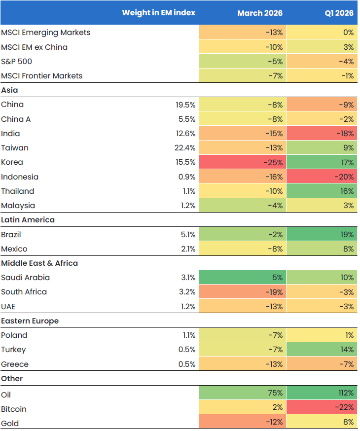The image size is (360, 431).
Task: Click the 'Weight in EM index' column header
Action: (158, 13)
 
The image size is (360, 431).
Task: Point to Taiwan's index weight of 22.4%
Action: (185, 148)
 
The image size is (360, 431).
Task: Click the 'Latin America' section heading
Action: (28, 220)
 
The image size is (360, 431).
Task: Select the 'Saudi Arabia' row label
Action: (25, 278)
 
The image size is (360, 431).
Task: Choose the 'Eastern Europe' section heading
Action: (30, 321)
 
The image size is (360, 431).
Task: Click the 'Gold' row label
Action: (10, 423)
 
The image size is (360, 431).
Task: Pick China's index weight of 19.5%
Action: (185, 105)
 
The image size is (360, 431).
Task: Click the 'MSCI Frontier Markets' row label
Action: (41, 76)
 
